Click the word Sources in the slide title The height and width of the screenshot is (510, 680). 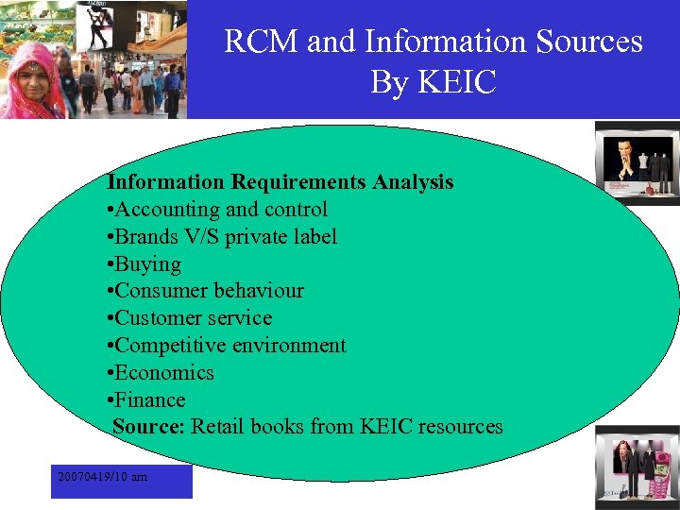point(588,42)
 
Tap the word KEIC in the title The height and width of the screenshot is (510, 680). point(460,82)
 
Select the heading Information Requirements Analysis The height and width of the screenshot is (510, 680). point(280,181)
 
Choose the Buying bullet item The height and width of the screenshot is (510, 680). point(147,263)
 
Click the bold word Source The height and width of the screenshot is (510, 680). point(146,427)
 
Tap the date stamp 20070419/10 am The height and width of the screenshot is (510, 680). point(102,478)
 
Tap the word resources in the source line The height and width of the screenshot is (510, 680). point(457,427)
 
